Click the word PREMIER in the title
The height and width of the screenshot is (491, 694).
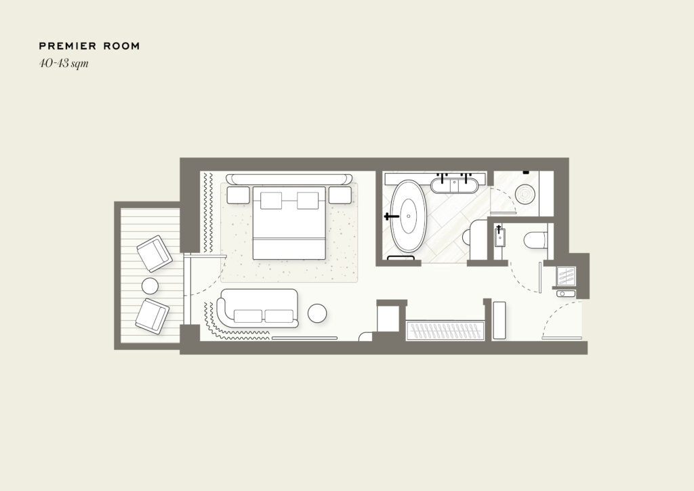click(68, 46)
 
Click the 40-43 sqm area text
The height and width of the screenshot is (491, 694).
click(64, 63)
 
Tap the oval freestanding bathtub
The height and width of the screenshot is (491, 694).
click(409, 216)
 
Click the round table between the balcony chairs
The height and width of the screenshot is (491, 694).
click(150, 286)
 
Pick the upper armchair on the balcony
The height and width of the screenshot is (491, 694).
click(154, 254)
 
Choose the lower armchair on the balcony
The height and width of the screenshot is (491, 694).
click(152, 315)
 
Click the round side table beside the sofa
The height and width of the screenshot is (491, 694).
click(317, 313)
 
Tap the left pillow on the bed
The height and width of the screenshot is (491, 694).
click(271, 200)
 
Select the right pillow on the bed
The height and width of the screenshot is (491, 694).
click(308, 200)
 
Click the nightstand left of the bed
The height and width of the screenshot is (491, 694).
click(238, 195)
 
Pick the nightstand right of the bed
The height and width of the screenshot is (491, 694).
click(340, 195)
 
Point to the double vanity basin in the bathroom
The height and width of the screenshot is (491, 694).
click(455, 184)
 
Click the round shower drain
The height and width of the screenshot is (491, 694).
click(525, 194)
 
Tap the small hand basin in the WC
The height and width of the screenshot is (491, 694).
click(499, 237)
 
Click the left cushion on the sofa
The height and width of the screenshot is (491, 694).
click(248, 316)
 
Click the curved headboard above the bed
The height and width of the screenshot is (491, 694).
click(289, 179)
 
